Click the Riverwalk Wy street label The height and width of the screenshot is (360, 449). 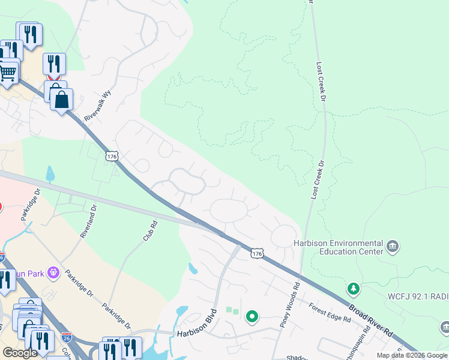click(99, 106)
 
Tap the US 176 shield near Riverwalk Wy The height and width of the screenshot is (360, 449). click(111, 156)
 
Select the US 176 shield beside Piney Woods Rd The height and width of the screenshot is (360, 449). click(257, 254)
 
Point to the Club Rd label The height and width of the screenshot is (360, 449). click(150, 232)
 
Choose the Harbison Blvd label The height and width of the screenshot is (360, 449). click(195, 332)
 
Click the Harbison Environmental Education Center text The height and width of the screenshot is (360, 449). click(338, 247)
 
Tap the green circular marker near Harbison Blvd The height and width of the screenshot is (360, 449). click(253, 316)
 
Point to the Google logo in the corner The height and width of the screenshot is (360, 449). click(20, 352)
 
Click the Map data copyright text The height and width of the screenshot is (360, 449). click(412, 355)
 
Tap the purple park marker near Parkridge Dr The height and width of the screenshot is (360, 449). click(53, 273)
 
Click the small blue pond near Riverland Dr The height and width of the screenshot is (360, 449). click(49, 174)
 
